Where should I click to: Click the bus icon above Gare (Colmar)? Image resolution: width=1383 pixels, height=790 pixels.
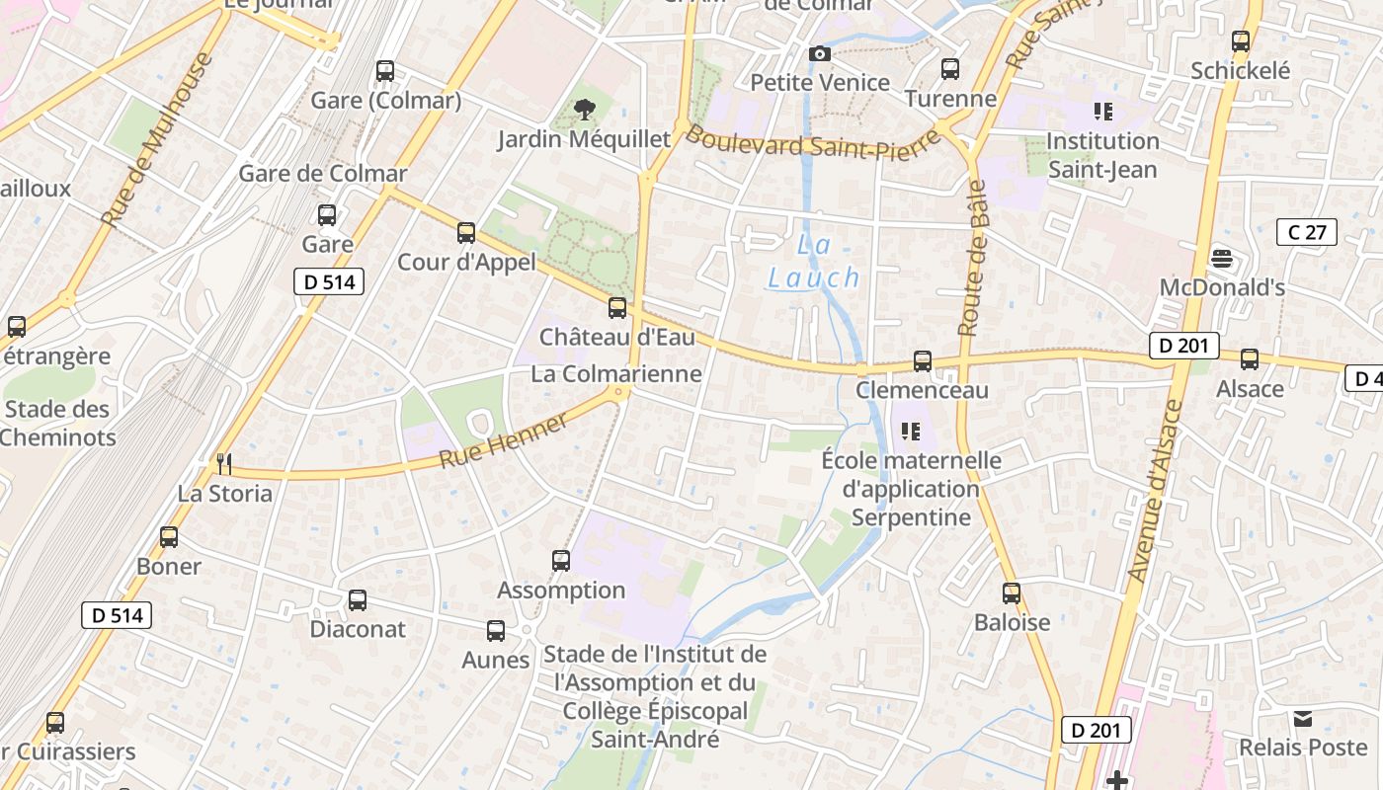click(x=385, y=71)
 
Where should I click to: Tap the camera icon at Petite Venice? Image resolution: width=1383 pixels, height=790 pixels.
click(x=819, y=53)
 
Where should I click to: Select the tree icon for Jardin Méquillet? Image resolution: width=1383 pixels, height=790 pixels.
click(x=584, y=110)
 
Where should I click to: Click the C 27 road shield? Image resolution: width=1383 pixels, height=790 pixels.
click(x=1306, y=232)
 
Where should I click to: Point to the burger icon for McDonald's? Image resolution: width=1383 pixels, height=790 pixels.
click(x=1222, y=259)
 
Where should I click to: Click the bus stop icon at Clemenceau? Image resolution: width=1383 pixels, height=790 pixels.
click(x=922, y=361)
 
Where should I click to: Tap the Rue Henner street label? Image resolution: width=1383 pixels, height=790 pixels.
click(x=504, y=441)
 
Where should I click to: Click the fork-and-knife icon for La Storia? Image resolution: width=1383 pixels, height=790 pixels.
click(x=224, y=463)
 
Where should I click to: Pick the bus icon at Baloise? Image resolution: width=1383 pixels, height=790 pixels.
click(x=1012, y=593)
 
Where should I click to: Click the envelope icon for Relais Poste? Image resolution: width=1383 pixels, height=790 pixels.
click(x=1302, y=718)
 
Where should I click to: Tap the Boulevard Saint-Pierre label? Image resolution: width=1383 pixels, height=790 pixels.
click(x=812, y=143)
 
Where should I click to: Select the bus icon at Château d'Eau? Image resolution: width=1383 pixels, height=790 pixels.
click(x=617, y=308)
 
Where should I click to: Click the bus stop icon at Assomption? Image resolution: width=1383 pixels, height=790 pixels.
click(x=561, y=561)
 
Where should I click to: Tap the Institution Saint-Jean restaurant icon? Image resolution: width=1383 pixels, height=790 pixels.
click(x=1102, y=112)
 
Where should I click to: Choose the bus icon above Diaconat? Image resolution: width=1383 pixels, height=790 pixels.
click(x=358, y=599)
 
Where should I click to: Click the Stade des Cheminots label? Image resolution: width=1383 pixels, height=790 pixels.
click(x=57, y=423)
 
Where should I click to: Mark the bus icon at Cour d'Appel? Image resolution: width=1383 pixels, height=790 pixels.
click(x=466, y=233)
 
